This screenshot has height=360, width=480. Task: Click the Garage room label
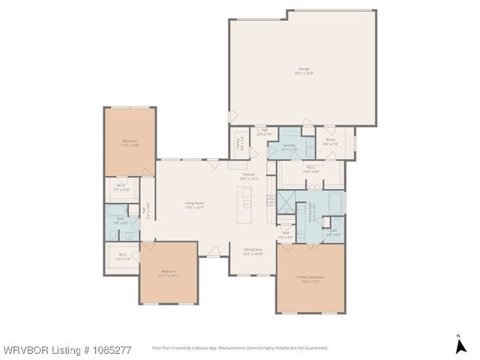click(304, 71)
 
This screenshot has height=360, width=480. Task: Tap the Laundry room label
click(289, 147)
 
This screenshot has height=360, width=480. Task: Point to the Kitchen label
click(248, 176)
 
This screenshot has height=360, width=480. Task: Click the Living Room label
click(195, 205)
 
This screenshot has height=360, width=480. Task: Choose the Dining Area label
click(253, 251)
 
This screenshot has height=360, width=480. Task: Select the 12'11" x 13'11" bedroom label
click(168, 273)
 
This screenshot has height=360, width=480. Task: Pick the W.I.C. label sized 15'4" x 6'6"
click(311, 169)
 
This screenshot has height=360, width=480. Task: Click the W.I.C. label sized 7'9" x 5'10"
click(121, 187)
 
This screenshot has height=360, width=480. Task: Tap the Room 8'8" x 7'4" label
click(331, 142)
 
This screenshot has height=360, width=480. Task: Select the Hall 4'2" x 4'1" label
click(286, 234)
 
